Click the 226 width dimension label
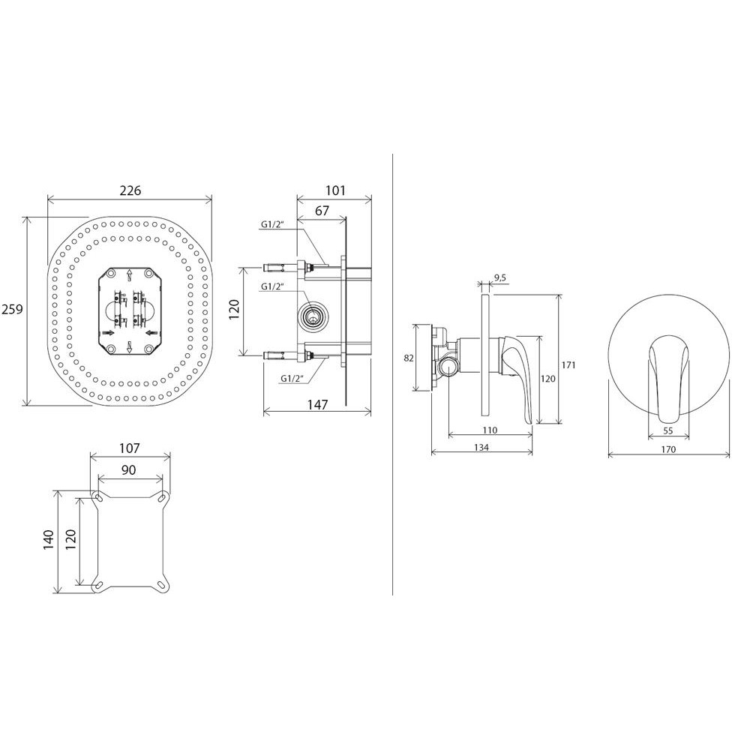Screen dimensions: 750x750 (x=130, y=190)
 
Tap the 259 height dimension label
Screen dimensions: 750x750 (x=12, y=310)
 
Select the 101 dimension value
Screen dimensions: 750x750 (x=335, y=190)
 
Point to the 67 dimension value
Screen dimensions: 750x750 (x=322, y=211)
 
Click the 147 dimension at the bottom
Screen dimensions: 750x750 (x=317, y=405)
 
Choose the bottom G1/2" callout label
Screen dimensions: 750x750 (x=292, y=378)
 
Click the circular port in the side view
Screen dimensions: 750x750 (x=313, y=316)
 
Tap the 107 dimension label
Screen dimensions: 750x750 (x=129, y=448)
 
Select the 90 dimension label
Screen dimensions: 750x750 (x=128, y=470)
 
